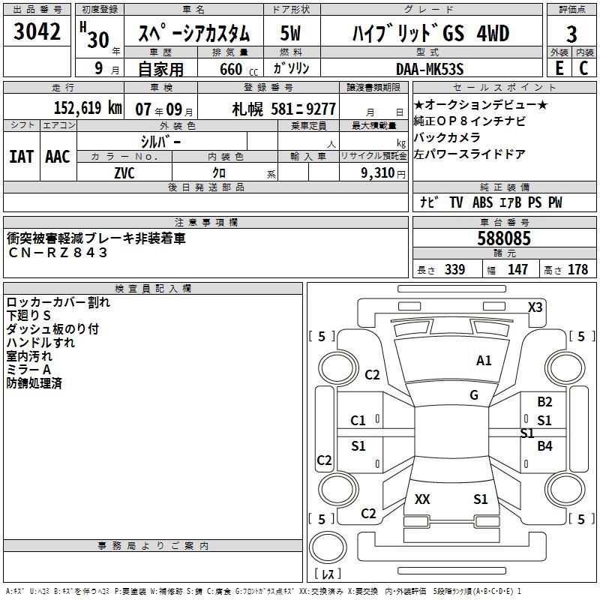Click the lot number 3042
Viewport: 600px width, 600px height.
37,32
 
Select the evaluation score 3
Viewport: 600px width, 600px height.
571,34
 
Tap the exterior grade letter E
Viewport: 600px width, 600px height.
559,68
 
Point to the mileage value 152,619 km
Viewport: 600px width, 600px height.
88,108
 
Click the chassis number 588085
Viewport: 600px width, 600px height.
504,239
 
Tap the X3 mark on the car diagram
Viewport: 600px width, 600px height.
535,307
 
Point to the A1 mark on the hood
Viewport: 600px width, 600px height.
484,361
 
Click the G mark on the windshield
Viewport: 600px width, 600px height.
474,395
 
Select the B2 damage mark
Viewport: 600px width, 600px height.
544,402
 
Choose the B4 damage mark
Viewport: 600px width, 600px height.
544,446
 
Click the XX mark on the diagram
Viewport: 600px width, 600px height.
422,499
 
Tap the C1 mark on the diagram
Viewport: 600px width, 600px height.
358,421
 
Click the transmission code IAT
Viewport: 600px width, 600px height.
21,157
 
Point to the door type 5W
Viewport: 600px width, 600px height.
291,34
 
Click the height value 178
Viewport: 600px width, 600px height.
578,269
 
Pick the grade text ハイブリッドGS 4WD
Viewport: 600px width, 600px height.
430,34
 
